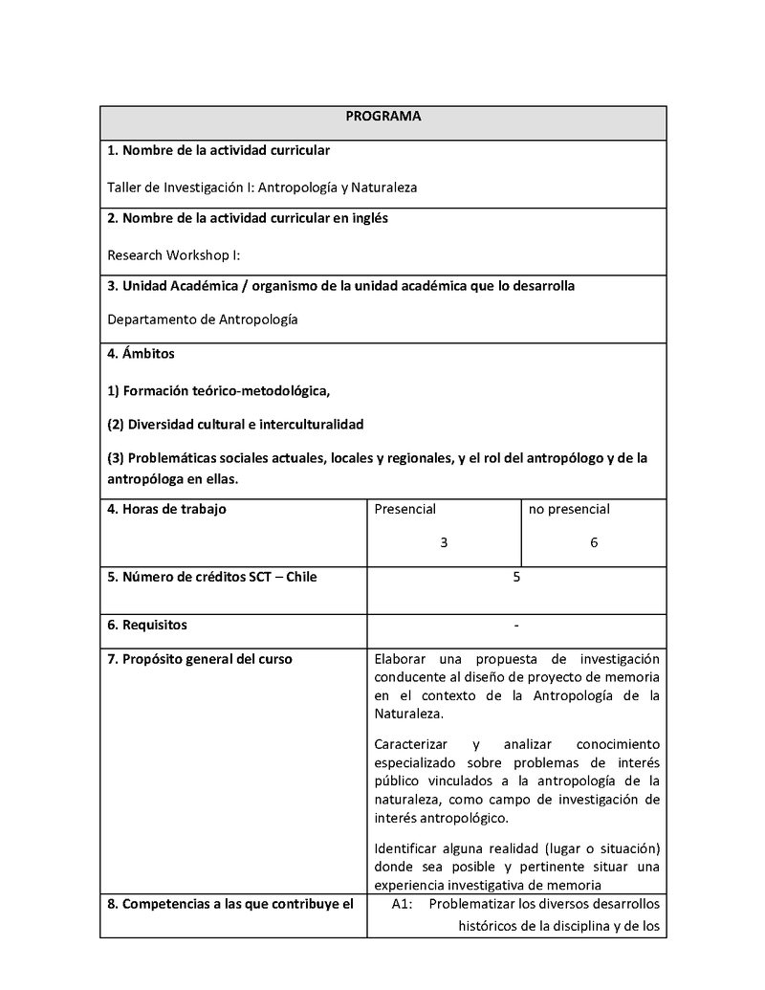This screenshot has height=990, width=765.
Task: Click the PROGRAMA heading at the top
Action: click(382, 117)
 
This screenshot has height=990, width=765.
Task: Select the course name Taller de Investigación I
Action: click(262, 187)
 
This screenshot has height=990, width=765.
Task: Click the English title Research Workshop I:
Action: click(172, 255)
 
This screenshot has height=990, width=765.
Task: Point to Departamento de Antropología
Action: click(203, 319)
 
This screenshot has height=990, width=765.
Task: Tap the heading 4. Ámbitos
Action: click(141, 354)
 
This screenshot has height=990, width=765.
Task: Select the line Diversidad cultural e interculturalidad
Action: click(236, 424)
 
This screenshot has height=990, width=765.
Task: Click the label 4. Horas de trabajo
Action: click(166, 509)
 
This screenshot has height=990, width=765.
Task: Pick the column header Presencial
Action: click(404, 509)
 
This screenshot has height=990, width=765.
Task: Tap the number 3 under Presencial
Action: click(444, 542)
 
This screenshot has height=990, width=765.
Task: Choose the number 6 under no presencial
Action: click(594, 542)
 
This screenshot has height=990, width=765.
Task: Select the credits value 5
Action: click(516, 577)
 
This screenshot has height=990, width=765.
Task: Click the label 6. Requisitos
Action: click(147, 626)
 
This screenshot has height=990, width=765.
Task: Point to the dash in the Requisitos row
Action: click(516, 626)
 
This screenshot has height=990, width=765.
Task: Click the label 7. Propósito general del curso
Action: click(200, 659)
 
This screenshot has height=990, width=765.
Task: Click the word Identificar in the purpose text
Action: click(405, 849)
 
